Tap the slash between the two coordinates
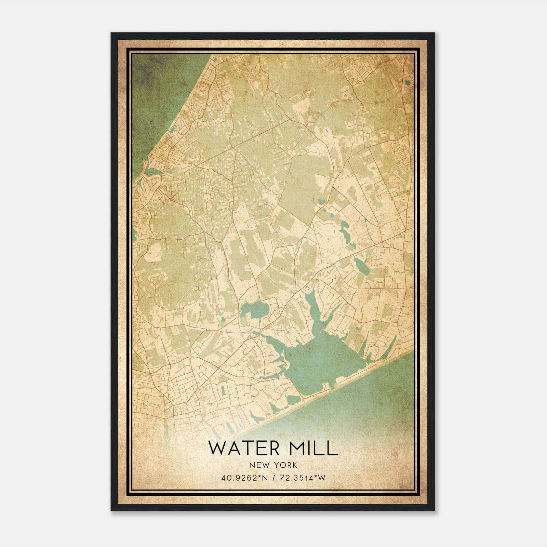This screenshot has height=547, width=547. click(273, 478)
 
